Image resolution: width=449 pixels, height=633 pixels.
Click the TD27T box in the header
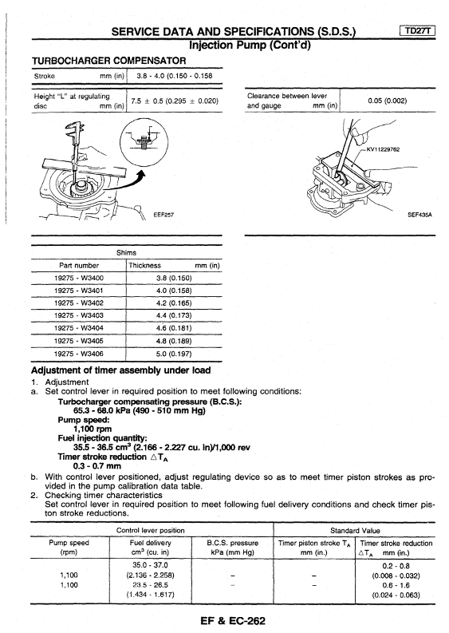point(418,30)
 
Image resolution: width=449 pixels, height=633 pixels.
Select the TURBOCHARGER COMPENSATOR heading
point(109,61)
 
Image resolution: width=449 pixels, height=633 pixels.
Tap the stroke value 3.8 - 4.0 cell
point(175,76)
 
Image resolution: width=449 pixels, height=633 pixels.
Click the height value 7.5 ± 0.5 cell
point(175,101)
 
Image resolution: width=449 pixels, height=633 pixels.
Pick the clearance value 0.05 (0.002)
point(388,101)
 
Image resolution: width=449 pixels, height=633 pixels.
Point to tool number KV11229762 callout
point(383,149)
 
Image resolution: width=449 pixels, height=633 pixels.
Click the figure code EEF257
point(163,215)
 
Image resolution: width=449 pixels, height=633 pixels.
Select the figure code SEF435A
point(419,215)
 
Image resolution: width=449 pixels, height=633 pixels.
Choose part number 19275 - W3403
point(79,315)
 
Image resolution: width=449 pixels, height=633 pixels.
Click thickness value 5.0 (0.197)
point(174,354)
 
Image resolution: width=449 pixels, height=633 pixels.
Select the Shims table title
point(126,253)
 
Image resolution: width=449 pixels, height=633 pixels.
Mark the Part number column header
point(79,266)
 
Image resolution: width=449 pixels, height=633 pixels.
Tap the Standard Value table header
point(355,531)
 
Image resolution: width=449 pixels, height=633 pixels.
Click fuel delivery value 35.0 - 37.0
point(150,565)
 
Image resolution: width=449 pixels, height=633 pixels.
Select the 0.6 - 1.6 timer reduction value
point(396,585)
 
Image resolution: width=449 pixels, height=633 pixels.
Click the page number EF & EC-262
point(233,620)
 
